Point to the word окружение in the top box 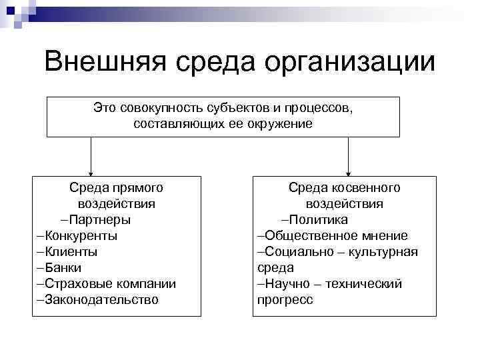(278, 124)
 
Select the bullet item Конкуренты (77, 236)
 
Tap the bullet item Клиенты (67, 252)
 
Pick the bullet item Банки (59, 268)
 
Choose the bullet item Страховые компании (106, 284)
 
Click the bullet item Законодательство (97, 300)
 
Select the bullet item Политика (317, 220)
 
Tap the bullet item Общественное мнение (333, 236)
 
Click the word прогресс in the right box (285, 300)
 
